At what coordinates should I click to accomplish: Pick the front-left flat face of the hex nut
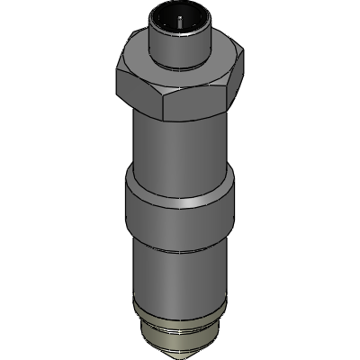tap(142, 94)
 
